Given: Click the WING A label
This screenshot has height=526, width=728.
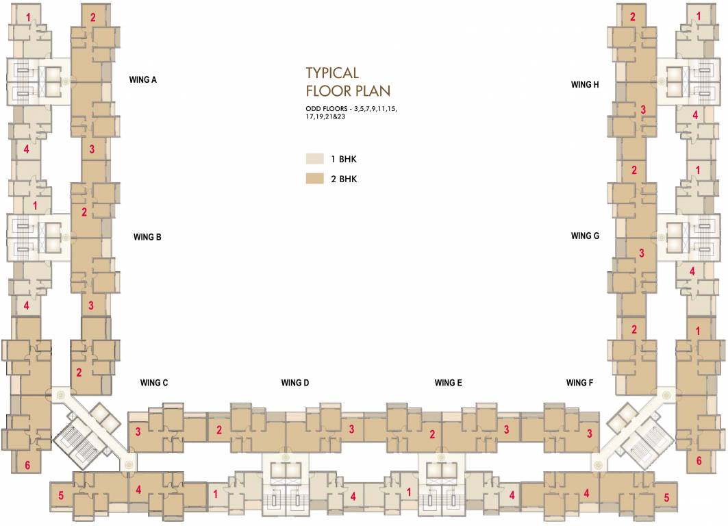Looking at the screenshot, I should tap(143, 80).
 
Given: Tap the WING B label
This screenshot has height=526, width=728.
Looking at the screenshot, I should tap(147, 237).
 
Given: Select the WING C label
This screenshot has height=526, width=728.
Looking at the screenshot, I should tap(154, 383).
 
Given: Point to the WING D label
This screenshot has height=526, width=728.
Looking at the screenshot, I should tap(295, 383).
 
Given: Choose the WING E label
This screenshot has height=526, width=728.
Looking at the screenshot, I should tap(448, 383).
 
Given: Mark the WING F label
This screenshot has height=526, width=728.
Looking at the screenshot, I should tap(579, 383).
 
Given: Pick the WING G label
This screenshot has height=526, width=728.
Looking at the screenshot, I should tap(585, 236).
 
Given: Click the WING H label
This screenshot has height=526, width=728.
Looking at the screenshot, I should tap(585, 85).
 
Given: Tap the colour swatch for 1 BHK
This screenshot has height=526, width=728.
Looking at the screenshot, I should tap(314, 160).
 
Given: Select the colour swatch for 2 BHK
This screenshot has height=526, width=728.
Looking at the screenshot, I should tap(314, 179).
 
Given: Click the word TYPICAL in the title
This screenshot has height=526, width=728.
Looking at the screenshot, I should tap(332, 73).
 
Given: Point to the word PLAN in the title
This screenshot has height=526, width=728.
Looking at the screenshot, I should tap(373, 91).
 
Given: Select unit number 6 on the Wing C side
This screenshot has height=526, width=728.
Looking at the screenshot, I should tap(27, 466).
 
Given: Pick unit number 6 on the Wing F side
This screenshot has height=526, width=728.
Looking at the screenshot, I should tap(699, 461).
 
